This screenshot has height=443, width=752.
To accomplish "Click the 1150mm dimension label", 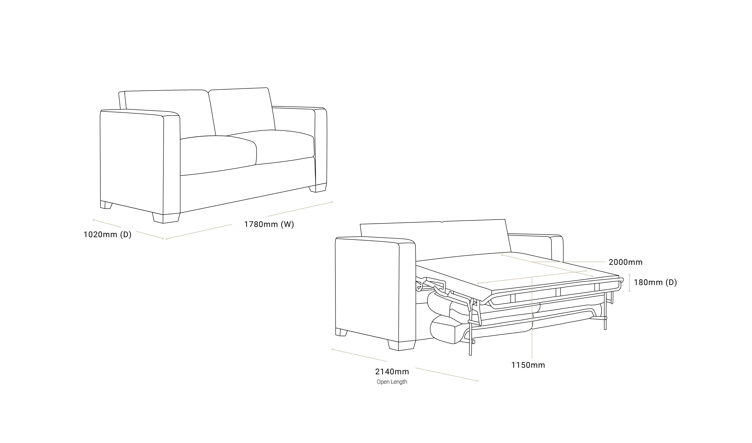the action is click(x=528, y=365).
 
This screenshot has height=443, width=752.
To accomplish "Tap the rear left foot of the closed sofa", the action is click(x=106, y=205).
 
